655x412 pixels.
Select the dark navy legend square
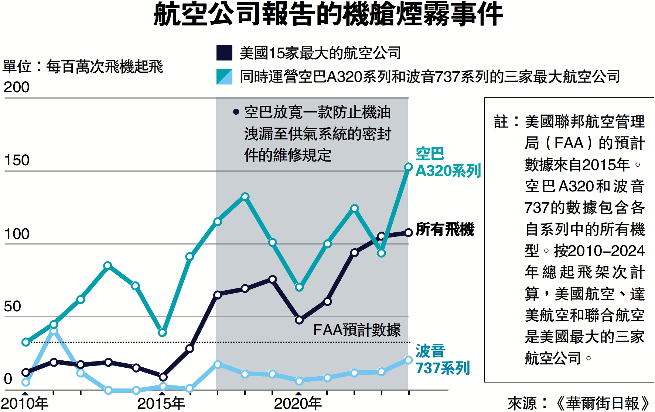pyautogui.click(x=224, y=53)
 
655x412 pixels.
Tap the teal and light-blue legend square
pyautogui.click(x=224, y=77)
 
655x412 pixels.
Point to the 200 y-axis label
pyautogui.click(x=16, y=87)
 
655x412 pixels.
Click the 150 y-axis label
pyautogui.click(x=16, y=160)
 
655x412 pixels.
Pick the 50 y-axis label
pyautogui.click(x=12, y=307)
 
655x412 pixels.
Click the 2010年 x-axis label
pyautogui.click(x=24, y=404)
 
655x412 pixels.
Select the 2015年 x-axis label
pyautogui.click(x=161, y=404)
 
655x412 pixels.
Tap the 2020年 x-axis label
pyautogui.click(x=298, y=404)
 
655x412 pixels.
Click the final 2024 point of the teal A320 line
pyautogui.click(x=408, y=167)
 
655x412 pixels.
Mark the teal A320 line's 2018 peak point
pyautogui.click(x=245, y=197)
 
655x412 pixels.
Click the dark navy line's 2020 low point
pyautogui.click(x=299, y=320)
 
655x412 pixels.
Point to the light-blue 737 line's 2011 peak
pyautogui.click(x=54, y=331)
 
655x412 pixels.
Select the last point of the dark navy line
pyautogui.click(x=408, y=232)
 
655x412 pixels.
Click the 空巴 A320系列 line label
pyautogui.click(x=448, y=162)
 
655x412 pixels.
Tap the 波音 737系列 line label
pyautogui.click(x=442, y=359)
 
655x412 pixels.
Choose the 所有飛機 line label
pyautogui.click(x=445, y=229)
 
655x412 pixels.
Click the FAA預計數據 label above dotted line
pyautogui.click(x=357, y=330)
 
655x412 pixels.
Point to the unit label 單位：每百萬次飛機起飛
pyautogui.click(x=83, y=67)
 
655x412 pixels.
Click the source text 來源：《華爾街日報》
pyautogui.click(x=578, y=404)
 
